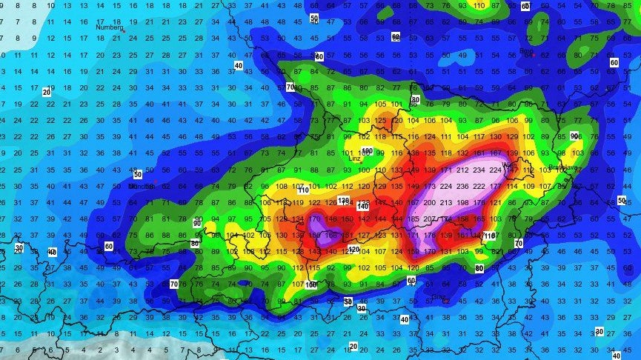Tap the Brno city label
click(x=527, y=51)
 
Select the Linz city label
click(x=354, y=157)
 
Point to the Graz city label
click(x=439, y=296)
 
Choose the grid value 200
click(x=428, y=202)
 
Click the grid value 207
click(x=428, y=219)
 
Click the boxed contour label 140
click(x=362, y=206)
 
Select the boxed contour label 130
click(x=343, y=201)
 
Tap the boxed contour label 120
click(x=354, y=250)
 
